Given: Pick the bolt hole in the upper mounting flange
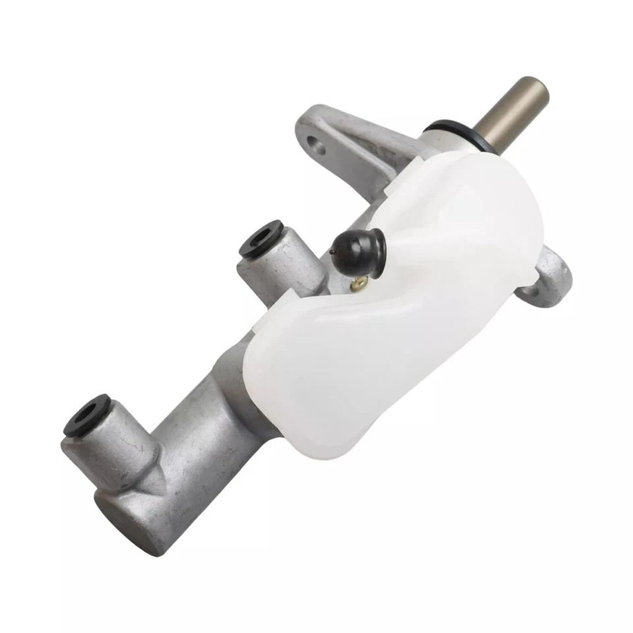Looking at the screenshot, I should [x=317, y=144].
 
